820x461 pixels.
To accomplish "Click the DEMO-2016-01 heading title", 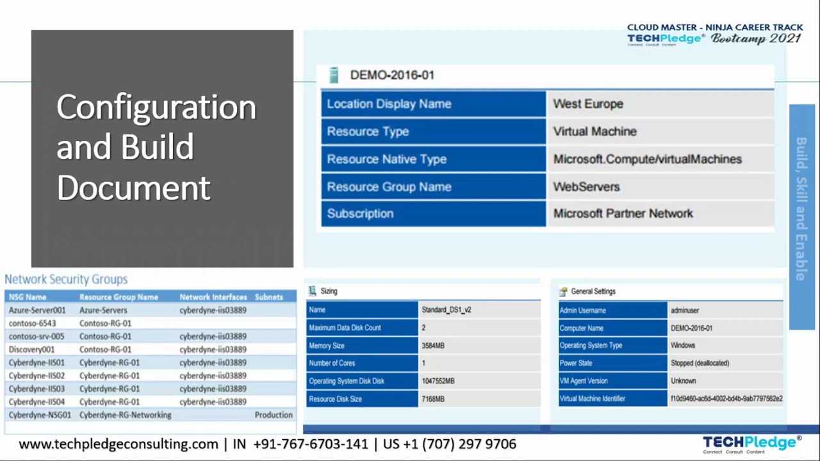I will [392, 75].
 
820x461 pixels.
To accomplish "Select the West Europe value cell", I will [588, 104].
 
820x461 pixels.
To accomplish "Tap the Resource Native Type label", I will [386, 159].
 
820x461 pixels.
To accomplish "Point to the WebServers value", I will [586, 187].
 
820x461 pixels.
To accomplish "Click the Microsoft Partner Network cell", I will [623, 214].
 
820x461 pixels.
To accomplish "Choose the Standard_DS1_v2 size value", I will [446, 310].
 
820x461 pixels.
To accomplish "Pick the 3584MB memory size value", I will [432, 346].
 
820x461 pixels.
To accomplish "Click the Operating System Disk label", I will [347, 381].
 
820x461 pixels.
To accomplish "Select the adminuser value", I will [684, 311].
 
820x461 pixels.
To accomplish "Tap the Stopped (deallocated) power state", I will [700, 363].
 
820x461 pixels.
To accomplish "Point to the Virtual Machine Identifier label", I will [592, 399].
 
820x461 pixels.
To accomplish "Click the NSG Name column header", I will [28, 297].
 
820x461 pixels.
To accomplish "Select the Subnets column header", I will [268, 297].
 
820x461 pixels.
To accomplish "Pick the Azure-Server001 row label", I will [37, 311].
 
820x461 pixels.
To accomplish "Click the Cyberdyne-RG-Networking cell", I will [125, 415].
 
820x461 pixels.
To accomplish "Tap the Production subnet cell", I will [274, 415].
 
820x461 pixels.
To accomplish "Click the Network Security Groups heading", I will [66, 279].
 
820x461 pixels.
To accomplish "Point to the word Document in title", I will [133, 188].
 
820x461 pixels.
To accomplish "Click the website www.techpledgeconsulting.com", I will [119, 444].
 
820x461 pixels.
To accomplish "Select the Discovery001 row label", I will [31, 350].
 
